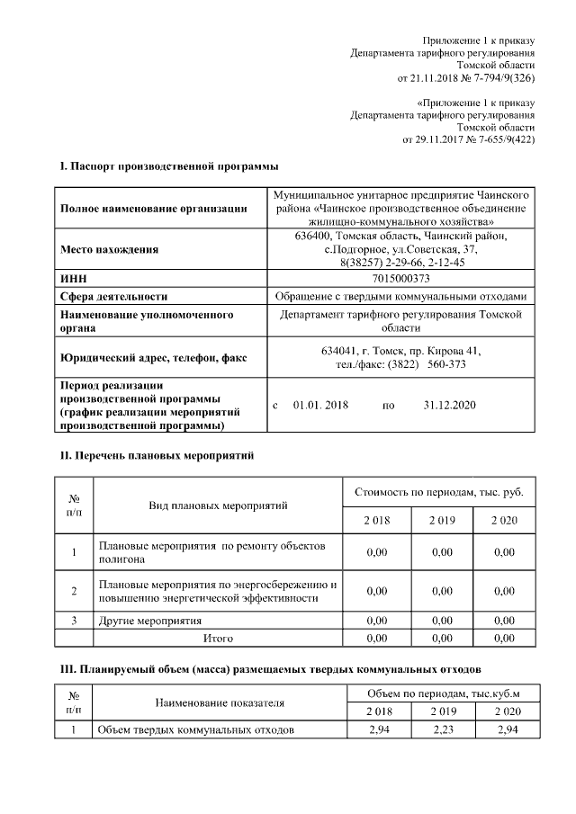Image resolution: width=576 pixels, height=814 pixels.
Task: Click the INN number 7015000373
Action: coord(400,279)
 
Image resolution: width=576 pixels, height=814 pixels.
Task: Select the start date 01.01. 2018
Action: coord(321,406)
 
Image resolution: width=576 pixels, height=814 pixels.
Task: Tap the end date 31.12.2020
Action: coord(449,406)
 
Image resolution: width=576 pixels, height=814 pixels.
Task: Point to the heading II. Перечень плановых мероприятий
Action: coord(157,456)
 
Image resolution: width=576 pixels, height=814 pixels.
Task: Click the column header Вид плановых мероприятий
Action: coord(218,505)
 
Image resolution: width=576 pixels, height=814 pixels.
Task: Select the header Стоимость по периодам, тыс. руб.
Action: coord(439,492)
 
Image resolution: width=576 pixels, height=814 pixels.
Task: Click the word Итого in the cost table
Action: coord(218,638)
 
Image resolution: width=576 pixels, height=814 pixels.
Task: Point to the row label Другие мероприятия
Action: coord(149,621)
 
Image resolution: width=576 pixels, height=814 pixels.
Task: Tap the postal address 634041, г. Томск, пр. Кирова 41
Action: coord(400,351)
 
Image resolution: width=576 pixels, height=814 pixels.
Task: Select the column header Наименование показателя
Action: coord(220,702)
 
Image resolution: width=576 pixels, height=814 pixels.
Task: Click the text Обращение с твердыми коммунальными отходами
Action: coord(400,296)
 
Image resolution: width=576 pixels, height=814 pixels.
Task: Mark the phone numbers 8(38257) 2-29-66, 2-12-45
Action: coord(400,262)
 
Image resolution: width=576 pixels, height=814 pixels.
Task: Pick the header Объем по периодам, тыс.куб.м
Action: coord(444,693)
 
